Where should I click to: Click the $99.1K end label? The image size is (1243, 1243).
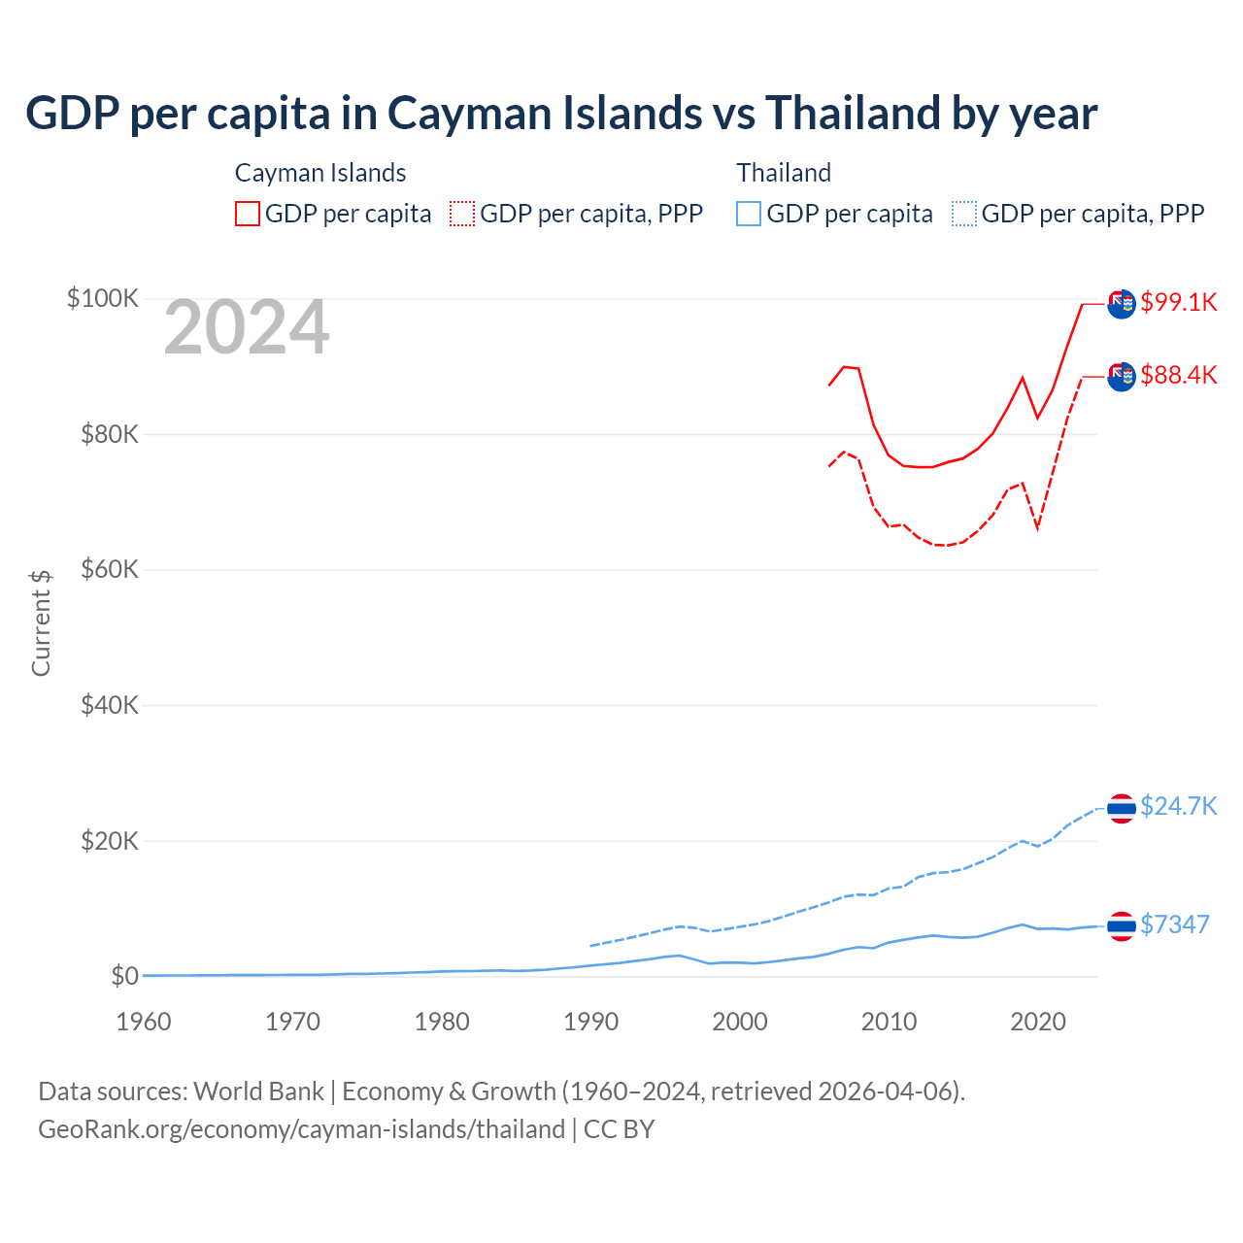[1178, 302]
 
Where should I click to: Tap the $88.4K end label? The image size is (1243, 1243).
[1178, 375]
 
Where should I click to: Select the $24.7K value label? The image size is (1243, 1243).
[1178, 806]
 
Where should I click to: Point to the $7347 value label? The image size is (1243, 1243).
[1174, 924]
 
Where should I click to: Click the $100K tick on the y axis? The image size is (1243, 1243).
[103, 298]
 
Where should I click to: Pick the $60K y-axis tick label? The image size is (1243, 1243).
[110, 569]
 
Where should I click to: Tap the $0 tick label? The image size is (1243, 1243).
[124, 976]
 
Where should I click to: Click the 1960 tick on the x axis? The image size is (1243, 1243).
[144, 1022]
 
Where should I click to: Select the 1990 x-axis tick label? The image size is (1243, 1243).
[590, 1022]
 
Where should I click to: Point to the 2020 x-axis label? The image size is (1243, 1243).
[1038, 1022]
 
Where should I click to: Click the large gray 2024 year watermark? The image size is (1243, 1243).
[247, 328]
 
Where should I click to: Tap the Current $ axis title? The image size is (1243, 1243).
[41, 623]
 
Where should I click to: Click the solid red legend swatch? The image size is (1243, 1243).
[248, 214]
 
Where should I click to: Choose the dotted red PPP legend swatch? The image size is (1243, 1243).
[462, 214]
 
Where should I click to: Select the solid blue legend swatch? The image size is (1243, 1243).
[749, 214]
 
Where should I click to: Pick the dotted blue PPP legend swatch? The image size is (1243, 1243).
[964, 214]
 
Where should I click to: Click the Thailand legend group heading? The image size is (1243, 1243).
[784, 173]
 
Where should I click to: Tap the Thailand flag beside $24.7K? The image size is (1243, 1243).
[1122, 808]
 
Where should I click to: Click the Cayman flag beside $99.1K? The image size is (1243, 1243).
[1122, 303]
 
